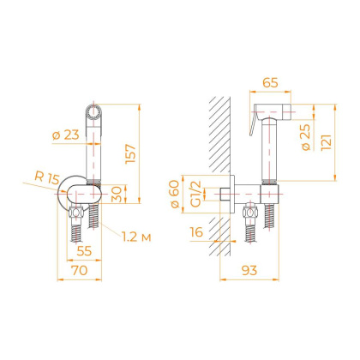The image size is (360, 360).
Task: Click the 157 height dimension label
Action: click(131, 153)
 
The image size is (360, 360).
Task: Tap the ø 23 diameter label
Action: click(66, 135)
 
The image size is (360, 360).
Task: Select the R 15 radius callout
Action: click(47, 177)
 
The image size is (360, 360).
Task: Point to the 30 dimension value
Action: click(117, 194)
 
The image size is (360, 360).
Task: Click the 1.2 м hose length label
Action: click(136, 237)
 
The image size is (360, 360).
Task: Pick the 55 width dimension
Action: click(84, 251)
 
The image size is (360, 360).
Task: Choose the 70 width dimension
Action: click(80, 270)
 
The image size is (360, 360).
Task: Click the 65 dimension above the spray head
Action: click(270, 83)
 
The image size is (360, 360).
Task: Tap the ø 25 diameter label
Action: click(305, 137)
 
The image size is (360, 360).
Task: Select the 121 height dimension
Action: click(326, 142)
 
